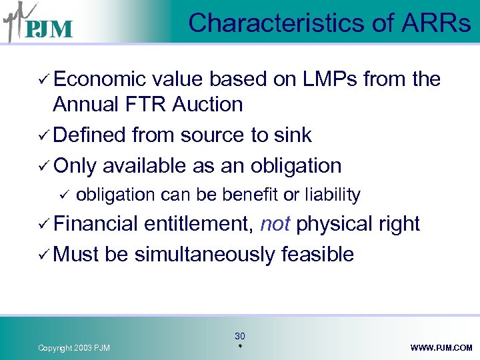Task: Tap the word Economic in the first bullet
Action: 99,79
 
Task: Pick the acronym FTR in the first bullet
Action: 148,105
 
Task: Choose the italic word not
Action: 275,224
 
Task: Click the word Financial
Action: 100,224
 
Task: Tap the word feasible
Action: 317,254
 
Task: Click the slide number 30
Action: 240,337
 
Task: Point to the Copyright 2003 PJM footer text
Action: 74,348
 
